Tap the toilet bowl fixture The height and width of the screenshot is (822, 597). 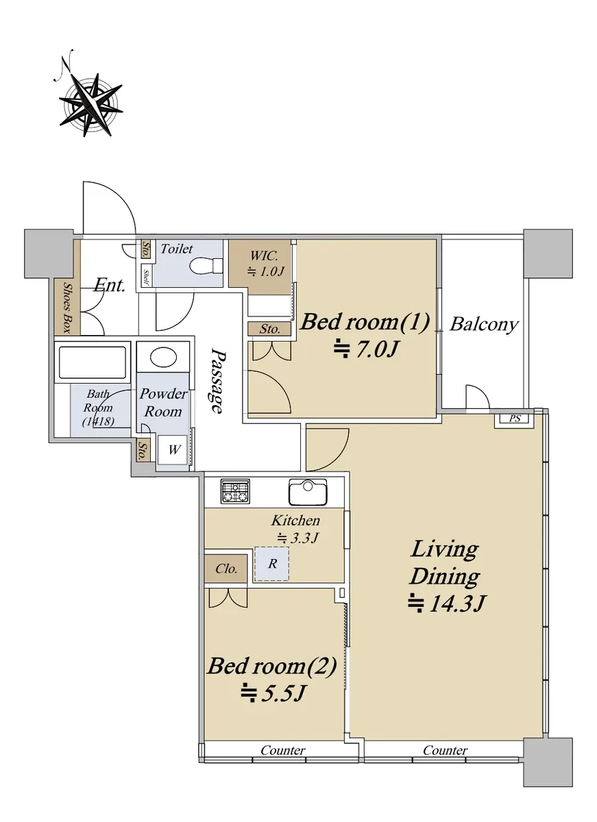click(x=206, y=265)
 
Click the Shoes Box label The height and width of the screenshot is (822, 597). click(x=66, y=308)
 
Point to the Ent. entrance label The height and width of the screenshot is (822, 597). click(x=110, y=285)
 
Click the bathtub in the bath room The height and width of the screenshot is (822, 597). click(x=93, y=362)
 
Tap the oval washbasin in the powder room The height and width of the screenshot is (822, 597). click(x=164, y=356)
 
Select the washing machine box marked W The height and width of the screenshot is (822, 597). click(x=173, y=449)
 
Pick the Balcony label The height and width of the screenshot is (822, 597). click(x=483, y=325)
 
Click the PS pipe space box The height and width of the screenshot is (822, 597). click(x=514, y=419)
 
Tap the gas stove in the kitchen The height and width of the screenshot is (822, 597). click(x=235, y=491)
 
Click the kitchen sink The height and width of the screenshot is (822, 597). click(x=308, y=492)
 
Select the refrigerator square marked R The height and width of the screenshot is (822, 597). click(x=272, y=564)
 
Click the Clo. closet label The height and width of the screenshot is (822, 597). click(x=226, y=569)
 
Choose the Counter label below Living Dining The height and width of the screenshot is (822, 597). click(x=445, y=751)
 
